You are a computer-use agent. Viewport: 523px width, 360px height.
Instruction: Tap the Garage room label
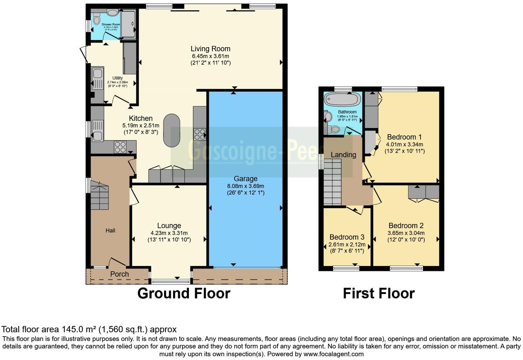pyautogui.click(x=245, y=179)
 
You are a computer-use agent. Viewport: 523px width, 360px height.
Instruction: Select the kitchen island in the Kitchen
pyautogui.click(x=171, y=130)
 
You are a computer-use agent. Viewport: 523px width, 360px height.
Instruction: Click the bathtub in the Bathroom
pyautogui.click(x=342, y=99)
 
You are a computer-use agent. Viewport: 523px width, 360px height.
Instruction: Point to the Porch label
pyautogui.click(x=119, y=274)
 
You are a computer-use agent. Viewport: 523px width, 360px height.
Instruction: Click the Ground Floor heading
pyautogui.click(x=184, y=294)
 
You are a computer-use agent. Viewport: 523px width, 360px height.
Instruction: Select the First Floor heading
pyautogui.click(x=378, y=294)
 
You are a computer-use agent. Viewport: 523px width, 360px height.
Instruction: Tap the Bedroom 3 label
pyautogui.click(x=346, y=237)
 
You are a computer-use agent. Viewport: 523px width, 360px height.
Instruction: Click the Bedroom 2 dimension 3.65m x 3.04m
pyautogui.click(x=406, y=233)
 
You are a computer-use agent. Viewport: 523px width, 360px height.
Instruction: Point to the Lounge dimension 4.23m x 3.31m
pyautogui.click(x=169, y=233)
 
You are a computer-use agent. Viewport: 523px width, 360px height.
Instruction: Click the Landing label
pyautogui.click(x=343, y=155)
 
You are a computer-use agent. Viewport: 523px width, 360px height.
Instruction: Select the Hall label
pyautogui.click(x=110, y=231)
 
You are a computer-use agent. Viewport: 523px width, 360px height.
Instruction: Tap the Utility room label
pyautogui.click(x=117, y=78)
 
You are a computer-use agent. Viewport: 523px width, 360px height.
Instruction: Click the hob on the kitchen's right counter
pyautogui.click(x=200, y=134)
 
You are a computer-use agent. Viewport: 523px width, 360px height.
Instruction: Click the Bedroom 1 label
pyautogui.click(x=404, y=137)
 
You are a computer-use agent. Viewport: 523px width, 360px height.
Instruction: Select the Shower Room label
pyautogui.click(x=110, y=24)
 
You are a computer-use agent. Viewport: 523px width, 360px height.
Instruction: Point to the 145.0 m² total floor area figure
pyautogui.click(x=79, y=330)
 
